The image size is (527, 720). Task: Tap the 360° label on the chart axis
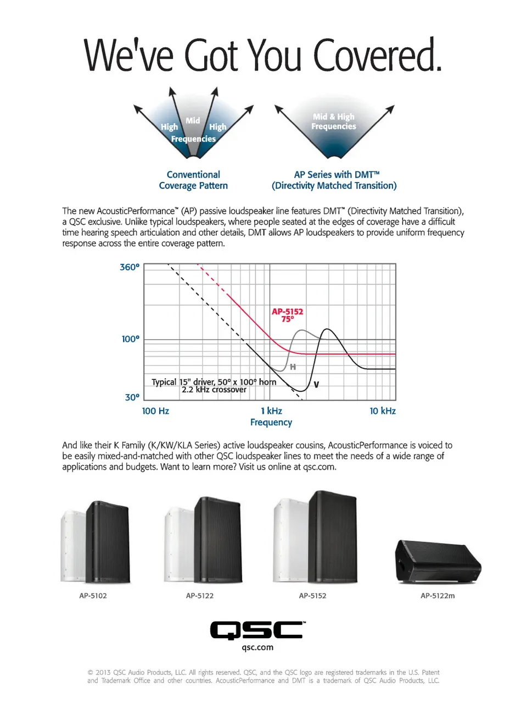pyautogui.click(x=130, y=267)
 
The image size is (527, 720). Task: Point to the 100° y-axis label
pyautogui.click(x=131, y=339)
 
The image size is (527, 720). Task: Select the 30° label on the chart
pyautogui.click(x=132, y=397)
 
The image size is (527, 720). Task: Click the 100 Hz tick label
pyautogui.click(x=155, y=411)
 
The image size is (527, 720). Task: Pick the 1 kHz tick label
pyautogui.click(x=271, y=411)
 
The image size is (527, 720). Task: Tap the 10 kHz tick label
pyautogui.click(x=383, y=411)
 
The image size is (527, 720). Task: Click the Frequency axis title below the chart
pyautogui.click(x=271, y=423)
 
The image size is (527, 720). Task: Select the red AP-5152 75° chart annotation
pyautogui.click(x=288, y=315)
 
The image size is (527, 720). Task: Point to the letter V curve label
pyautogui.click(x=316, y=384)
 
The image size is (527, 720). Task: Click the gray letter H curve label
pyautogui.click(x=293, y=367)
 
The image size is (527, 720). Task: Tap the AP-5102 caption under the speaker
pyautogui.click(x=93, y=596)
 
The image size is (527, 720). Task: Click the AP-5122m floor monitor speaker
pyautogui.click(x=438, y=561)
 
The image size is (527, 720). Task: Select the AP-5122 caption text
pyautogui.click(x=200, y=596)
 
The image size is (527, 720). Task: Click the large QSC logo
pyautogui.click(x=257, y=630)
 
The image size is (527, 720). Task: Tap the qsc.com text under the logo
pyautogui.click(x=257, y=647)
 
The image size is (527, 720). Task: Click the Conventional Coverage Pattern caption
pyautogui.click(x=193, y=180)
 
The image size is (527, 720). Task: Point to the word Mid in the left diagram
pyautogui.click(x=193, y=120)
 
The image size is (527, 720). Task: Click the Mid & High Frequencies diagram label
pyautogui.click(x=334, y=121)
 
